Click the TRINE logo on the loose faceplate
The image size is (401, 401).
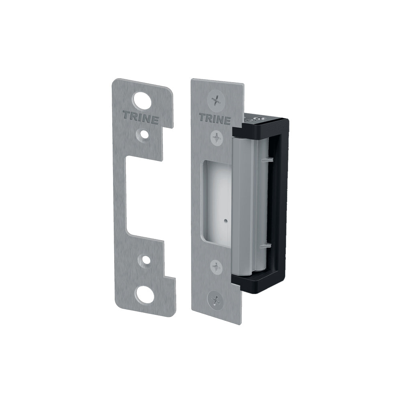[140, 118]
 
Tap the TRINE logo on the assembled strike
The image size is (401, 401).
[215, 119]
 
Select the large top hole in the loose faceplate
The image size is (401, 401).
[143, 100]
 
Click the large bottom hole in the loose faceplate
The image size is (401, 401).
[144, 295]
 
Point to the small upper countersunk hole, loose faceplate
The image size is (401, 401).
[142, 135]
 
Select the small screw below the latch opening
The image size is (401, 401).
[217, 267]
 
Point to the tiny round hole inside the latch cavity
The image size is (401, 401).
[226, 220]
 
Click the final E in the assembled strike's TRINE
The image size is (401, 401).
[227, 120]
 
